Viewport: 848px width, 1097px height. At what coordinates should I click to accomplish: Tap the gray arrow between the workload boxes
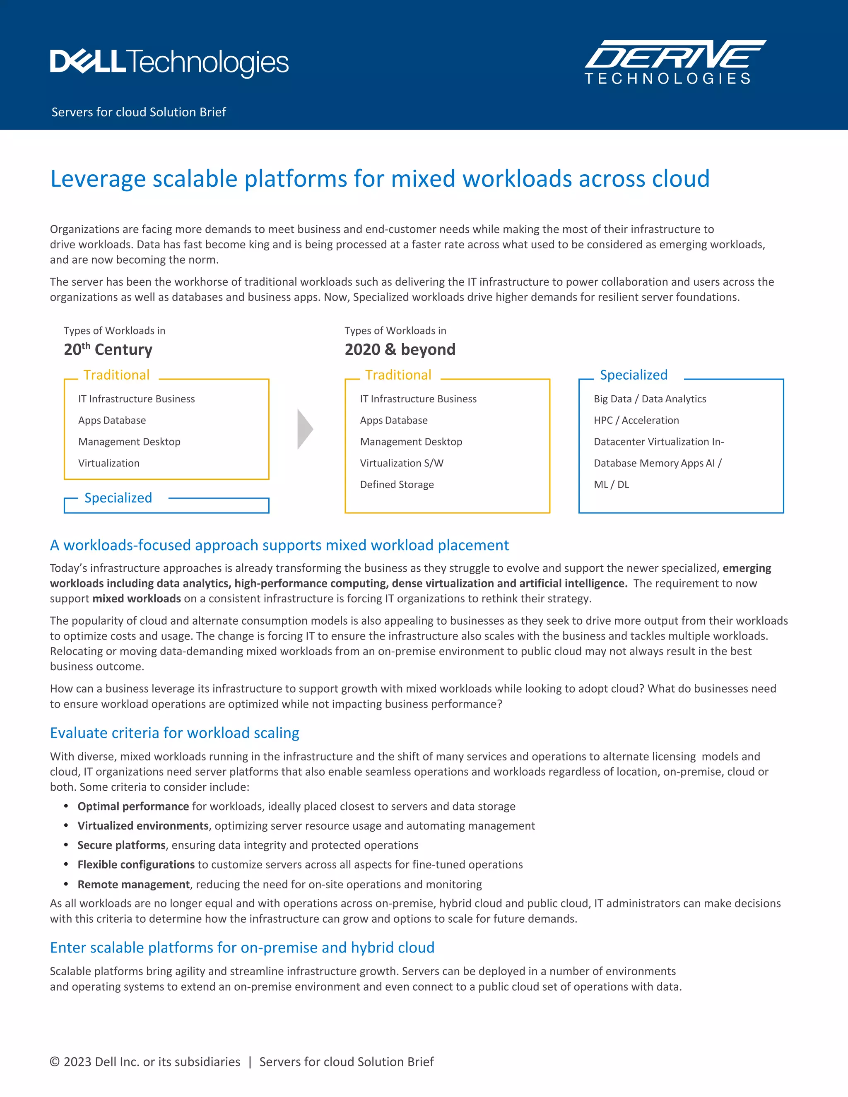click(305, 429)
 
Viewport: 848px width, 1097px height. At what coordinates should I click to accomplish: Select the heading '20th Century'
click(108, 349)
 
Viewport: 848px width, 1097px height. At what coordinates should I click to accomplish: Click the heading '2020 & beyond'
click(400, 349)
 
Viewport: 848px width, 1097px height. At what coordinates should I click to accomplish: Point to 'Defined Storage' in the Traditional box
click(397, 485)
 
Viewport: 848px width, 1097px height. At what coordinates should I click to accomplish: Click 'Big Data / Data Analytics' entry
click(650, 399)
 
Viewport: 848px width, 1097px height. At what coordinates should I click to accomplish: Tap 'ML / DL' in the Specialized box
click(611, 485)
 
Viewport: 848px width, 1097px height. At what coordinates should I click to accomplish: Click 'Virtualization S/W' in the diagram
click(401, 463)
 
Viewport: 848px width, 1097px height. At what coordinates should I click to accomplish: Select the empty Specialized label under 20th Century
click(118, 498)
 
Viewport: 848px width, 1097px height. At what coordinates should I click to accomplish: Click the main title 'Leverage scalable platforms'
click(380, 179)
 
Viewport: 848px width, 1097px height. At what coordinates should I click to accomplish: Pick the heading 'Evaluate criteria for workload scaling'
click(174, 733)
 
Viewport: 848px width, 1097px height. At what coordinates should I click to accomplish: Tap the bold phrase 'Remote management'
click(134, 884)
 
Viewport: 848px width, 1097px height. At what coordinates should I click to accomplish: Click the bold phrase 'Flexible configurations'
click(136, 864)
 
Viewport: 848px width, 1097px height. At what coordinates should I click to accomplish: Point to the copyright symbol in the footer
click(55, 1062)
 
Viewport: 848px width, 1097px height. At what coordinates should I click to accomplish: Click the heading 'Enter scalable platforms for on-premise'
click(242, 947)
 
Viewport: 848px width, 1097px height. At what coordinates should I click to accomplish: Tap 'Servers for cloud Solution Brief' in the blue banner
click(139, 112)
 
